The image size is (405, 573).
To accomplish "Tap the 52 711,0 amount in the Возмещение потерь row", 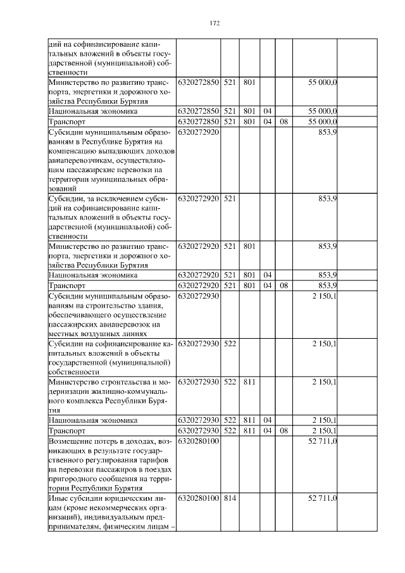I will click(322, 440).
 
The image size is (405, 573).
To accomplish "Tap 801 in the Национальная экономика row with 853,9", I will click(249, 275).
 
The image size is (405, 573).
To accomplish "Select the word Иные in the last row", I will click(59, 499).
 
